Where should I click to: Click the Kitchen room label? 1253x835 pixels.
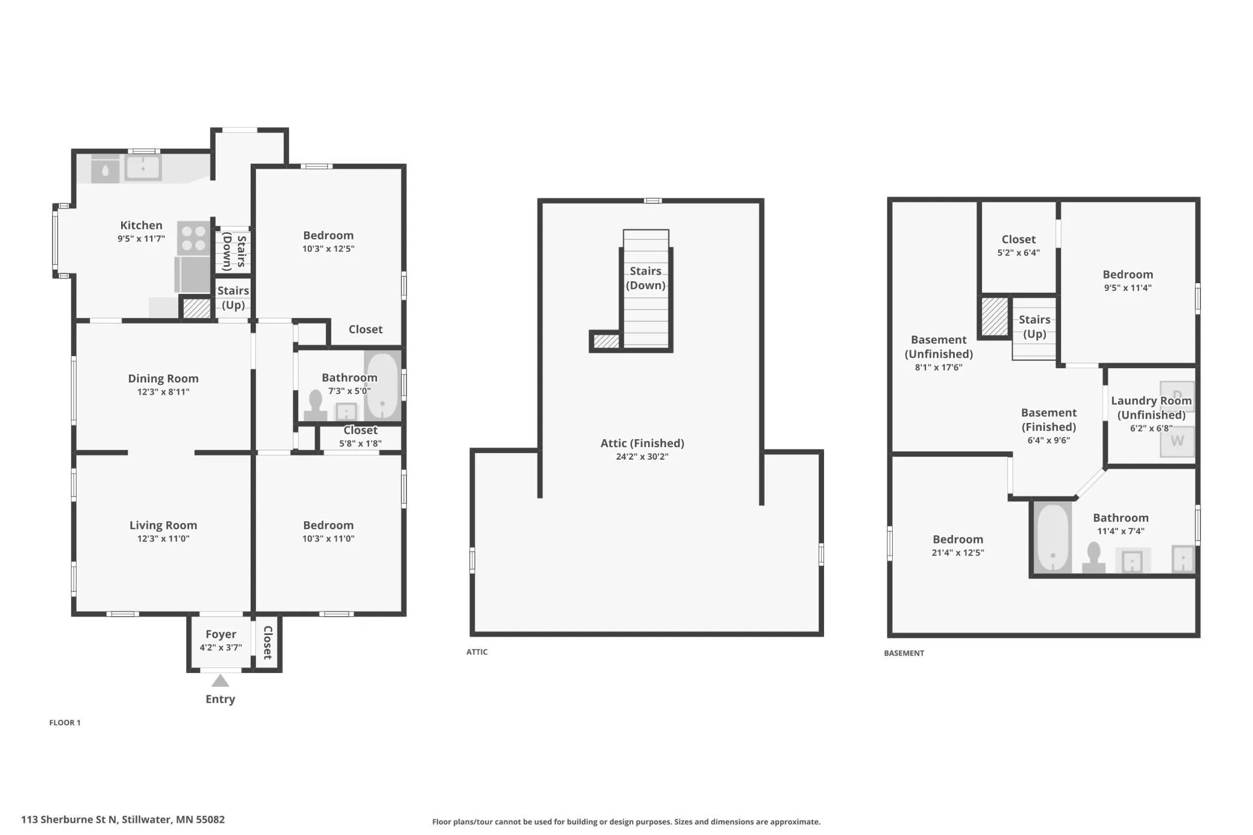pos(141,225)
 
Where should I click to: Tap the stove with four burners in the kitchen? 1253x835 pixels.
pos(193,238)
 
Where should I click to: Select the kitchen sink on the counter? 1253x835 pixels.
pos(143,167)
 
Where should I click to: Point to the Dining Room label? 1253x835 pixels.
pos(163,378)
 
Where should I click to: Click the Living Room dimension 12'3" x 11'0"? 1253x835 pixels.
pos(163,539)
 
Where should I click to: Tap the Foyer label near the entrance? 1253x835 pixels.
pos(220,634)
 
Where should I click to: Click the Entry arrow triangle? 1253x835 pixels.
pos(220,681)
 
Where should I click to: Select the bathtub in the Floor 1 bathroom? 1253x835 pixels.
pos(383,386)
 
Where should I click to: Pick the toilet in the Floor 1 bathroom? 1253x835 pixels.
pos(315,405)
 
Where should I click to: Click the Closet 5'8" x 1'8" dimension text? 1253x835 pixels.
pos(360,443)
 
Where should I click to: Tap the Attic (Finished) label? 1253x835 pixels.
pos(642,443)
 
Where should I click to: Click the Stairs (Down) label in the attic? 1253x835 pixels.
pos(646,278)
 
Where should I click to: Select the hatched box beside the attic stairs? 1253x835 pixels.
pos(606,342)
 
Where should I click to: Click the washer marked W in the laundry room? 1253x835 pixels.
pos(1177,441)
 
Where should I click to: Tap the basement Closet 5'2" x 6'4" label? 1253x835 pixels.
pos(1019,245)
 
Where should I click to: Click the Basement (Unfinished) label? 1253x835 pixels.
pos(939,347)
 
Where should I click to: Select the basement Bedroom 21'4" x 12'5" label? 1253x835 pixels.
pos(958,545)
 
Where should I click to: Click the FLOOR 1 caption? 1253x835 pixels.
pos(65,722)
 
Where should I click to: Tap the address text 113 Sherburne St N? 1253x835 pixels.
pos(69,819)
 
